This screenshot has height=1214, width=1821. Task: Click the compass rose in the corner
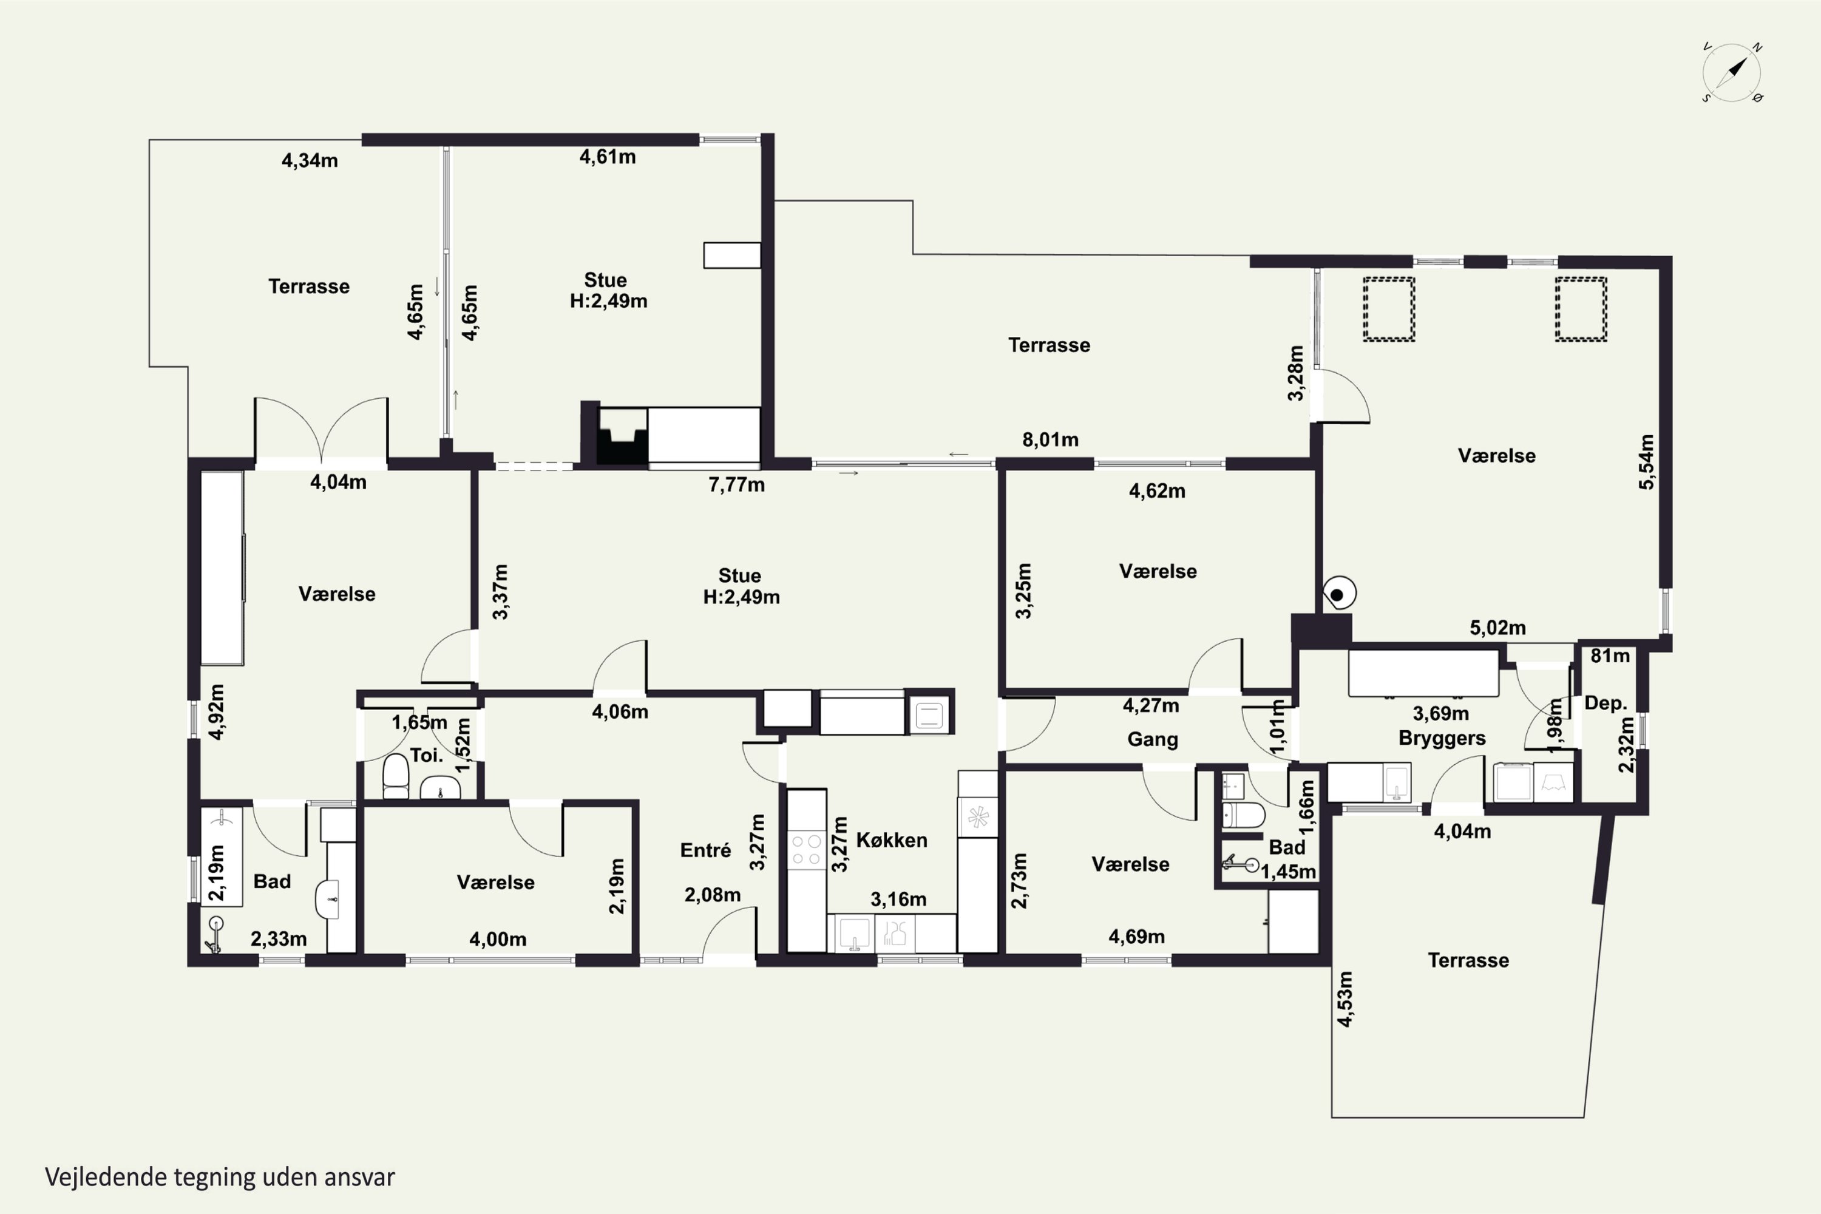tap(1732, 73)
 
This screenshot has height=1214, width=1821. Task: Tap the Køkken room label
tap(891, 840)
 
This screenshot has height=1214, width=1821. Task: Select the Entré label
tap(705, 850)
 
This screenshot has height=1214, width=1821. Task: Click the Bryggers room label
tap(1442, 739)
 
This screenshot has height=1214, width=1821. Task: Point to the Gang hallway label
tap(1153, 739)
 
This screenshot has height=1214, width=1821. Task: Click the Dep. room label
tap(1606, 703)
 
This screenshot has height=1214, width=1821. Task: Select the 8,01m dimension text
tap(1050, 439)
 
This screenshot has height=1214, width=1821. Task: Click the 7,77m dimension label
tap(736, 484)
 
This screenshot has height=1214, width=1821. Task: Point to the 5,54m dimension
tap(1646, 461)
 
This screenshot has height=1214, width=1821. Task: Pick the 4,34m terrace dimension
tap(310, 160)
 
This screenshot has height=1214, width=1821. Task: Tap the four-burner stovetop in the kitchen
tap(807, 849)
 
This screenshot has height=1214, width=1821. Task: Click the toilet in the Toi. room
tap(396, 776)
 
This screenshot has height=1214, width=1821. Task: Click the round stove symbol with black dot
tap(1338, 594)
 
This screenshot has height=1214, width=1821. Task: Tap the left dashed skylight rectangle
tap(1389, 309)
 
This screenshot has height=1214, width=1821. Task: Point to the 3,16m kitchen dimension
tap(898, 899)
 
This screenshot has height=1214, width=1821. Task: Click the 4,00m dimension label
tap(498, 939)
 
